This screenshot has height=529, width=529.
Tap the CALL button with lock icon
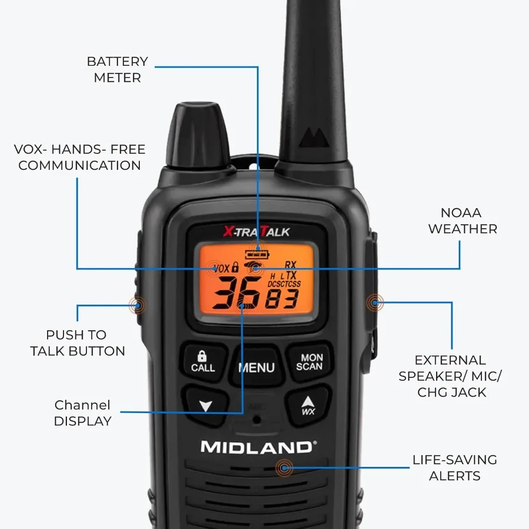(203, 361)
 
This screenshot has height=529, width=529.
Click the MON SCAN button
(309, 361)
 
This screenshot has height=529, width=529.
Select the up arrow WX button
(308, 406)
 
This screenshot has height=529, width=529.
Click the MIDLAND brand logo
(257, 447)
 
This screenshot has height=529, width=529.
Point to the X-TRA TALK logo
(256, 232)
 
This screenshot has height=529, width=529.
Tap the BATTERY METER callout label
(118, 69)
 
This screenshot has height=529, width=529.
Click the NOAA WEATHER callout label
(463, 220)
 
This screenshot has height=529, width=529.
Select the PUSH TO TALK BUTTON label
(78, 343)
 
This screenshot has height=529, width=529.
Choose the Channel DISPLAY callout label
(82, 413)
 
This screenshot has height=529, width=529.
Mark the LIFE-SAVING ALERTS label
(454, 468)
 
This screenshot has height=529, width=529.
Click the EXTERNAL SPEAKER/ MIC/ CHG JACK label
(451, 376)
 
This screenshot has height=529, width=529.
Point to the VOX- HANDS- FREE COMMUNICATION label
(79, 157)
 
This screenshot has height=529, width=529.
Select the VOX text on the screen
(222, 269)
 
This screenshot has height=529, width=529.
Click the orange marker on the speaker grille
(285, 468)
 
